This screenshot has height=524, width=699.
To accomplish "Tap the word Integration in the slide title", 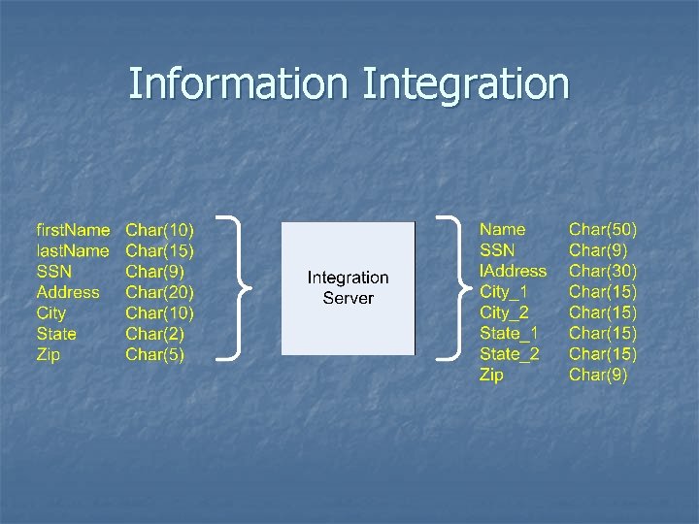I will coord(465,83).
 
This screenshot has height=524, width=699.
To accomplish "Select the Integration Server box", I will coord(348,288).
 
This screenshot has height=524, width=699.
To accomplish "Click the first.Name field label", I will coord(73,230).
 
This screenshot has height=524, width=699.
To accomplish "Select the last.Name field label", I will coord(72,251).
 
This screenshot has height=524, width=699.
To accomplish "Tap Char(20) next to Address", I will coord(160,292).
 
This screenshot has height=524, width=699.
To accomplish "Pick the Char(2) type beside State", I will coord(155,334).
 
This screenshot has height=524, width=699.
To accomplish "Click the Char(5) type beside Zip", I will coord(155,355).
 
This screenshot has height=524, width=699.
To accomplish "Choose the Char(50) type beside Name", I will coord(603,230).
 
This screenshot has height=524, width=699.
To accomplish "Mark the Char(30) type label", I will coord(603,272).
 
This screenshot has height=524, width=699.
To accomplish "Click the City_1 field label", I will coord(505,292).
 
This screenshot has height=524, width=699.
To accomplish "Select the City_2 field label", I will coord(505,312).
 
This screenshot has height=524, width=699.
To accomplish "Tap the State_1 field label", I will coord(509,334).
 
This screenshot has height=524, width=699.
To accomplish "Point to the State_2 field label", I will coord(509,354).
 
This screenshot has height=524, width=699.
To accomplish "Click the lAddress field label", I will coord(513,272).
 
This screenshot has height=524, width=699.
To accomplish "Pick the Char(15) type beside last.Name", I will coord(160,251).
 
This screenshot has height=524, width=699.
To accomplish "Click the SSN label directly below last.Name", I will coord(53,272).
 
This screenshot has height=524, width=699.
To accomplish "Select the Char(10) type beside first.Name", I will coord(160,230).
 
